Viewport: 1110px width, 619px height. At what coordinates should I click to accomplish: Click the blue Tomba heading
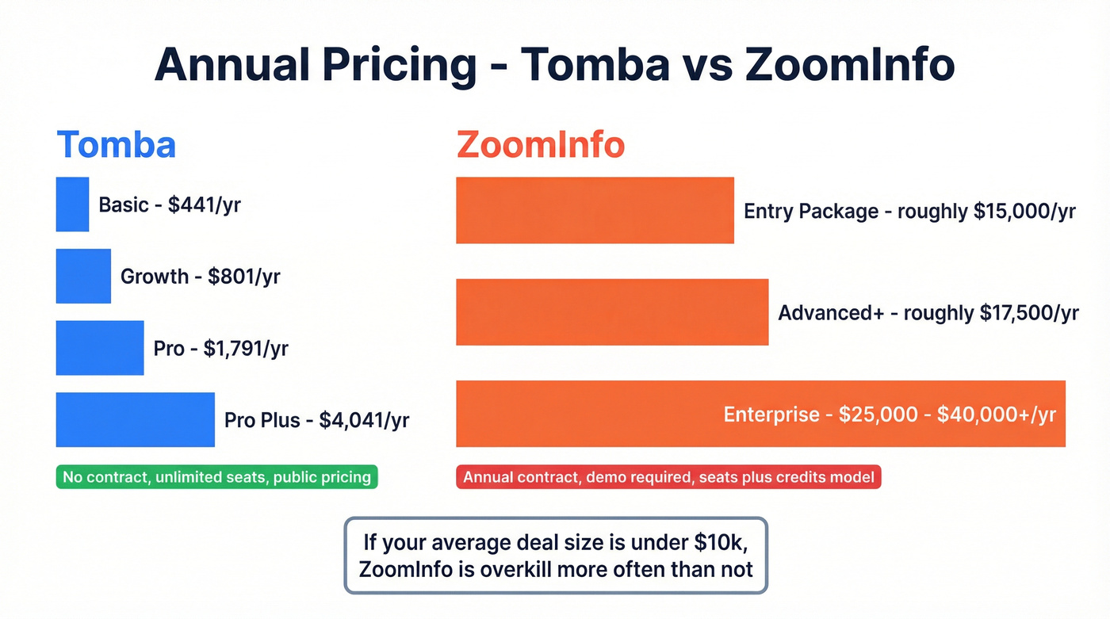pos(116,145)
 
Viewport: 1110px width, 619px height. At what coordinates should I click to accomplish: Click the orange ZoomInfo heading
pos(540,145)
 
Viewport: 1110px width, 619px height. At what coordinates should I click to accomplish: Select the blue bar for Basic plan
pos(72,204)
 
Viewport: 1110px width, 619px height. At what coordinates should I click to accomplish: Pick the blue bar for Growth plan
pos(83,276)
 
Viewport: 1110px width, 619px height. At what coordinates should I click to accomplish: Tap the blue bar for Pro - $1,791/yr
pos(100,348)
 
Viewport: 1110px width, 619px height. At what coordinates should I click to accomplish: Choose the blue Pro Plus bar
pos(135,419)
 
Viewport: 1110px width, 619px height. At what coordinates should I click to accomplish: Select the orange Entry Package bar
pos(595,210)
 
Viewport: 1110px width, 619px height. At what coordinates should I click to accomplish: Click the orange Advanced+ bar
pos(612,312)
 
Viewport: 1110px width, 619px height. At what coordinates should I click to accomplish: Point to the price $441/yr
pos(204,205)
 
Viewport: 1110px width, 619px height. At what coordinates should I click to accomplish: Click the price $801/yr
pos(243,277)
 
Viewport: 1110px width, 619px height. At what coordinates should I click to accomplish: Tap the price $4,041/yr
pos(364,420)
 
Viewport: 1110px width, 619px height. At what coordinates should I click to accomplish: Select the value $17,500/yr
pos(1029,313)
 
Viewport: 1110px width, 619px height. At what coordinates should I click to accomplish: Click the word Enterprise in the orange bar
pos(771,415)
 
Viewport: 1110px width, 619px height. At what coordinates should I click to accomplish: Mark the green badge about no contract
pos(216,477)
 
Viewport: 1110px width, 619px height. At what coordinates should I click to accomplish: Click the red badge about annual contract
pos(668,477)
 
